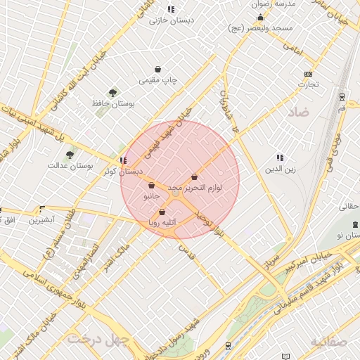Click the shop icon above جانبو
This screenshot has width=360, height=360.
pyautogui.click(x=151, y=186)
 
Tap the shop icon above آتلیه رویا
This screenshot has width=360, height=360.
pyautogui.click(x=162, y=212)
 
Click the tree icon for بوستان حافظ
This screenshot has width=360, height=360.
pyautogui.click(x=112, y=92)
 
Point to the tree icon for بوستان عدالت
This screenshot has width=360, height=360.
pyautogui.click(x=70, y=155)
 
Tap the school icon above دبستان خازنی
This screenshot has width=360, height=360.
pyautogui.click(x=170, y=9)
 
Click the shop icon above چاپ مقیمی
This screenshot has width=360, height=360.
pyautogui.click(x=159, y=70)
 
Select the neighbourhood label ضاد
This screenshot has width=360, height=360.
pyautogui.click(x=298, y=112)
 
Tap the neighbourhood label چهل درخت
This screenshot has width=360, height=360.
pyautogui.click(x=98, y=340)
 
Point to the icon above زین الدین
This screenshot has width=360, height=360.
pyautogui.click(x=280, y=158)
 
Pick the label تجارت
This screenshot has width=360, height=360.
pyautogui.click(x=308, y=84)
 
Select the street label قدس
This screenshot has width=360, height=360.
pyautogui.click(x=186, y=249)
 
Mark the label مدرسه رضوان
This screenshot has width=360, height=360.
pyautogui.click(x=296, y=4)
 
